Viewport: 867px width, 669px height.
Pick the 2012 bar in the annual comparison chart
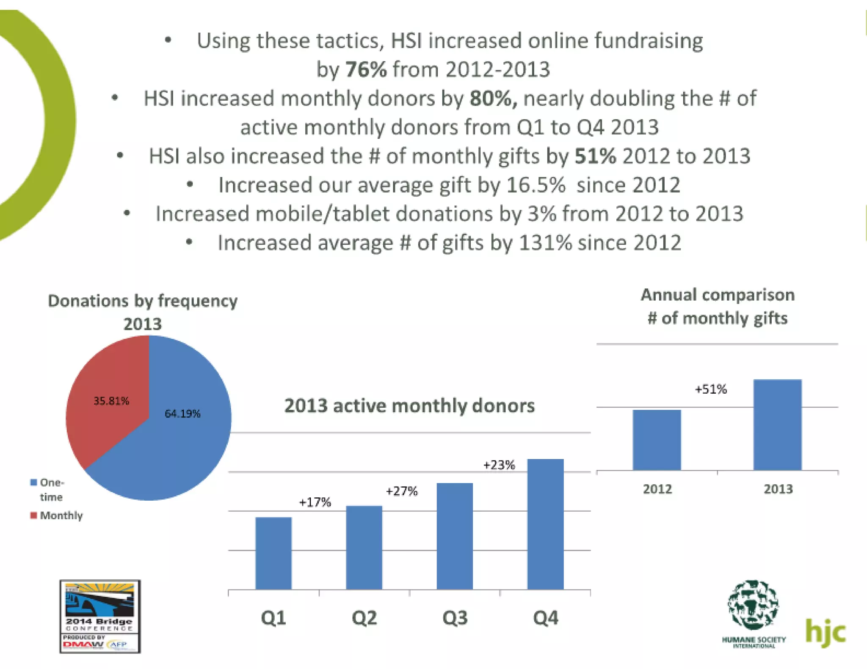tap(657, 440)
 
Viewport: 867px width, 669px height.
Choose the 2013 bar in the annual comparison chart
tap(777, 425)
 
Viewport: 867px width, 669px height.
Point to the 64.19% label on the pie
tap(182, 414)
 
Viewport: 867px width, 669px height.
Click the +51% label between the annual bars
tap(711, 389)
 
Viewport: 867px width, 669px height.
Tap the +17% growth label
tap(315, 502)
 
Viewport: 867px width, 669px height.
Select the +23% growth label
tap(499, 465)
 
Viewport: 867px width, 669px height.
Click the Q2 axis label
tap(364, 618)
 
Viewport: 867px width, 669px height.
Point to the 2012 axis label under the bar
tap(657, 489)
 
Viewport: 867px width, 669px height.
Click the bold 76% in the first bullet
tap(366, 69)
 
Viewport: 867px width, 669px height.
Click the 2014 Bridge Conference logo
tap(100, 616)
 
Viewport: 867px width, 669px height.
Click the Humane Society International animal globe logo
tap(753, 605)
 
